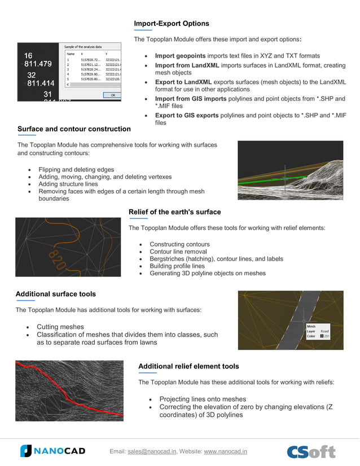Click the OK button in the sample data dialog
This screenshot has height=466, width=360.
click(112, 95)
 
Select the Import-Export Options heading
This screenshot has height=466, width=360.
click(172, 24)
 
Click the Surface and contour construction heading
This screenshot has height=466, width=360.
click(74, 129)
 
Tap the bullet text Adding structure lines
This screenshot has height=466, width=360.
click(68, 184)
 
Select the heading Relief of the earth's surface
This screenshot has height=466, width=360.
click(174, 212)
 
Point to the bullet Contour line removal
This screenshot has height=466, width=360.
click(178, 252)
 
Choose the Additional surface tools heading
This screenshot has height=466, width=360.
click(56, 294)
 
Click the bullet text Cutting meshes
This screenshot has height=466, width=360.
click(60, 327)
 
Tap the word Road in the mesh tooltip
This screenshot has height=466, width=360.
click(324, 331)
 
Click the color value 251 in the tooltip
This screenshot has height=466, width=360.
click(327, 336)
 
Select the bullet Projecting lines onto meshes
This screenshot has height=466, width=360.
click(203, 399)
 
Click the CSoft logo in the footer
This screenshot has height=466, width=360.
click(311, 451)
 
